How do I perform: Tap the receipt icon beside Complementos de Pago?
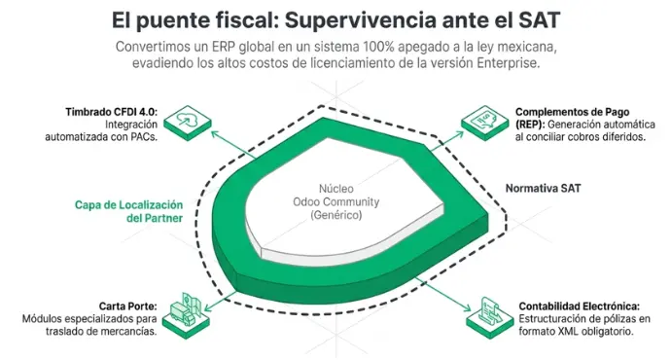485,122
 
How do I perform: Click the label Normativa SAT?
543,189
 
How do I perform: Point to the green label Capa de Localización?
128,205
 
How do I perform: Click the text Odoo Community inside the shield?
335,201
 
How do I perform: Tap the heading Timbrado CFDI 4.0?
111,112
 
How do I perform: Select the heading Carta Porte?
128,306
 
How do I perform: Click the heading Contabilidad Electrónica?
580,306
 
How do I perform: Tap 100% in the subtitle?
378,47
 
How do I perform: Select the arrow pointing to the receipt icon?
446,141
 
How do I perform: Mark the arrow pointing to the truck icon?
220,302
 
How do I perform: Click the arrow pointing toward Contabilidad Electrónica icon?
442,294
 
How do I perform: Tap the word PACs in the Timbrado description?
145,137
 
